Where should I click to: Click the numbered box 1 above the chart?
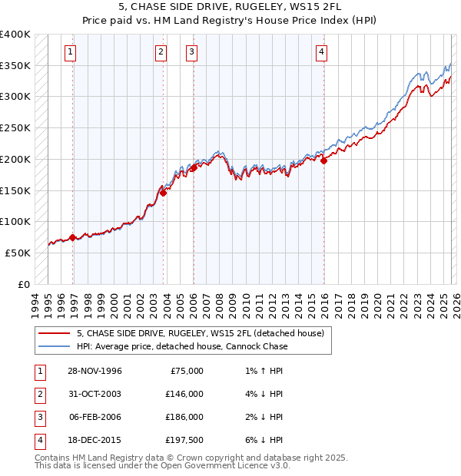pyautogui.click(x=70, y=52)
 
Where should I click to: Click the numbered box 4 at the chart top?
pyautogui.click(x=321, y=52)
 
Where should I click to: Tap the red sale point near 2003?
pyautogui.click(x=163, y=193)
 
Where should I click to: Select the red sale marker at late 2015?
pyautogui.click(x=323, y=161)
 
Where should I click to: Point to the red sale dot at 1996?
pyautogui.click(x=73, y=237)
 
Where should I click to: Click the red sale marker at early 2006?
pyautogui.click(x=193, y=168)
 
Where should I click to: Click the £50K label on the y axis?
pyautogui.click(x=18, y=253)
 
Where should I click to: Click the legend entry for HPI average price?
pyautogui.click(x=182, y=346)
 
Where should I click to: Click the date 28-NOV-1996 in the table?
pyautogui.click(x=95, y=371)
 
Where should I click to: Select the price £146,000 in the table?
pyautogui.click(x=184, y=394)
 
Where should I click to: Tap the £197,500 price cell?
pyautogui.click(x=184, y=440)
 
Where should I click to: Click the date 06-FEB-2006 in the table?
pyautogui.click(x=95, y=417)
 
